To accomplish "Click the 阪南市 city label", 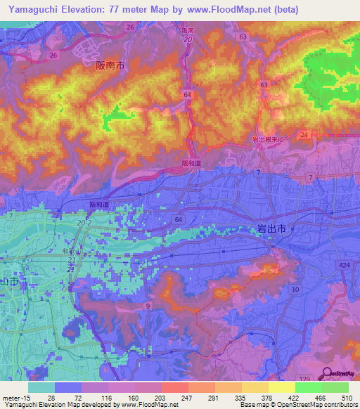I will pos(110,65).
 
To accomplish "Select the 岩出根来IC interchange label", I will pos(267,140).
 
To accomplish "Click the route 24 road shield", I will pos(304,134).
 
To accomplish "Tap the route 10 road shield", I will pos(295,290).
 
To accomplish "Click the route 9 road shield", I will pos(148,306).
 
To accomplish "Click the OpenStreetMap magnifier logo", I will pos(328,374).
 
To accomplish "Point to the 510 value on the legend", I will pos(345,397).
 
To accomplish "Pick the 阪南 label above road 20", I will pos(187,31).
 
